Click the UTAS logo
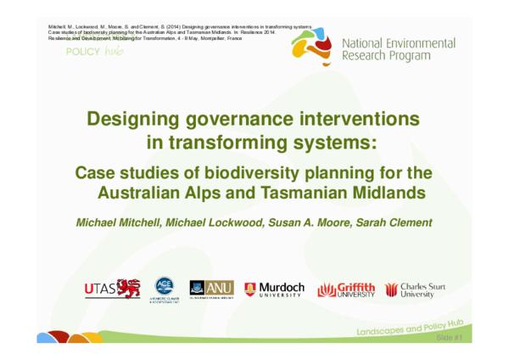point(112,289)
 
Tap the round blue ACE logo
point(164,289)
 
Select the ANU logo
point(212,289)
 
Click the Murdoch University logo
point(274,290)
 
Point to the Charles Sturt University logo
point(414,290)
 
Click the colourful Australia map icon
point(313,49)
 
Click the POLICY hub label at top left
point(94,51)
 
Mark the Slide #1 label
point(448,338)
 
